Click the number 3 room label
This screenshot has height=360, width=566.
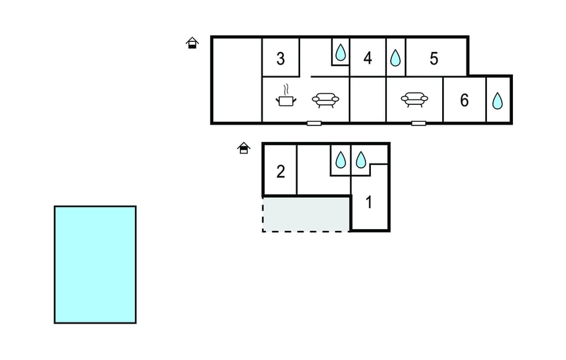pyautogui.click(x=281, y=58)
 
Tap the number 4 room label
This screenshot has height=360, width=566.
pyautogui.click(x=367, y=58)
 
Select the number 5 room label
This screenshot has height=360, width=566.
pyautogui.click(x=434, y=58)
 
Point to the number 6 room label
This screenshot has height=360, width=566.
pyautogui.click(x=464, y=100)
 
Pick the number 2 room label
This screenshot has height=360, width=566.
pyautogui.click(x=281, y=171)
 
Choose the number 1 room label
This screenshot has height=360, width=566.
pyautogui.click(x=368, y=202)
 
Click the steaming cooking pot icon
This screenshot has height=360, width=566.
pyautogui.click(x=286, y=95)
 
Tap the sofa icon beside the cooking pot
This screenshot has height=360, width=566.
pyautogui.click(x=325, y=100)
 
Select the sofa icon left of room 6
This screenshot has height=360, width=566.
pyautogui.click(x=414, y=100)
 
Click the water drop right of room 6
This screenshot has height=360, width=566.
pyautogui.click(x=498, y=101)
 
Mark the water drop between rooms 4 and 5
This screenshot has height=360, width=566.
pyautogui.click(x=395, y=58)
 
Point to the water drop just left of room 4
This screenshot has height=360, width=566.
pyautogui.click(x=340, y=52)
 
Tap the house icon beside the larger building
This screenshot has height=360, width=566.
pyautogui.click(x=192, y=42)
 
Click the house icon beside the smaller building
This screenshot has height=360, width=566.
pyautogui.click(x=243, y=148)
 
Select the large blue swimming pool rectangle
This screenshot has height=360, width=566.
pyautogui.click(x=95, y=265)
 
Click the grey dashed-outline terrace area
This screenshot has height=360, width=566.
pyautogui.click(x=306, y=214)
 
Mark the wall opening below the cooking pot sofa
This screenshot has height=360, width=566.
pyautogui.click(x=314, y=123)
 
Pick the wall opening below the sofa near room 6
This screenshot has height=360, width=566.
pyautogui.click(x=419, y=123)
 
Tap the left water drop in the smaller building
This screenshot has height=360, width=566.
pyautogui.click(x=340, y=160)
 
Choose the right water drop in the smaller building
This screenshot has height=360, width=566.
pyautogui.click(x=361, y=160)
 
